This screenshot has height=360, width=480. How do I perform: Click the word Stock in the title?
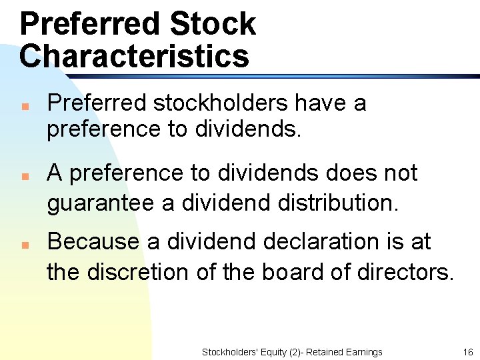pyautogui.click(x=213, y=24)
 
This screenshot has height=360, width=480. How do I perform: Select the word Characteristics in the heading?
pyautogui.click(x=134, y=55)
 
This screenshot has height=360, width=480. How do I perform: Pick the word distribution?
pyautogui.click(x=346, y=203)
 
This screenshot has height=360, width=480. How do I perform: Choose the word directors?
pyautogui.click(x=409, y=272)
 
